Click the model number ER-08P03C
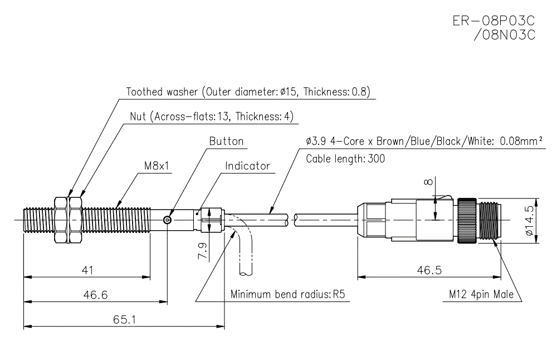click(x=494, y=21)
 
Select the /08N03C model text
click(x=503, y=35)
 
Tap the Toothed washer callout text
click(x=248, y=92)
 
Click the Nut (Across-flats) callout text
click(x=211, y=116)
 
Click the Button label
click(x=226, y=142)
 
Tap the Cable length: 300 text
click(x=345, y=159)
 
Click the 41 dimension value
click(x=86, y=270)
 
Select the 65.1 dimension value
click(x=123, y=320)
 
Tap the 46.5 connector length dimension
click(x=428, y=270)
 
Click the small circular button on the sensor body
click(x=168, y=220)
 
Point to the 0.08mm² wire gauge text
click(x=515, y=141)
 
